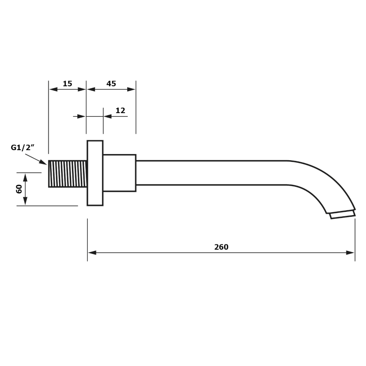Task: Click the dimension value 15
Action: [x=68, y=83]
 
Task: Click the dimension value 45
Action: [x=111, y=83]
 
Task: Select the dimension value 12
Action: [x=120, y=110]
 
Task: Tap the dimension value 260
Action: [x=221, y=247]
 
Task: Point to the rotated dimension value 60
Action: [x=19, y=189]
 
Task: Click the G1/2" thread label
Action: [x=23, y=148]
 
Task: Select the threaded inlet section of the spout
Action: [x=68, y=174]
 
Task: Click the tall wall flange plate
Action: [x=95, y=173]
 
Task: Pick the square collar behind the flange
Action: [x=119, y=173]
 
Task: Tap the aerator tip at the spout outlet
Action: [x=343, y=214]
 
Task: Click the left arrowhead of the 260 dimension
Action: [x=92, y=253]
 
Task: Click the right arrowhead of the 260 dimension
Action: [x=351, y=253]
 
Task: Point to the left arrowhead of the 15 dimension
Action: [x=53, y=89]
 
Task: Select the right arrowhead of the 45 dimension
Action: [x=131, y=89]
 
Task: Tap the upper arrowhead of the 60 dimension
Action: [x=25, y=178]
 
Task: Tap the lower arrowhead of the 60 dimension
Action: [x=25, y=201]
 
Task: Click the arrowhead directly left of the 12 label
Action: [x=108, y=116]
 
